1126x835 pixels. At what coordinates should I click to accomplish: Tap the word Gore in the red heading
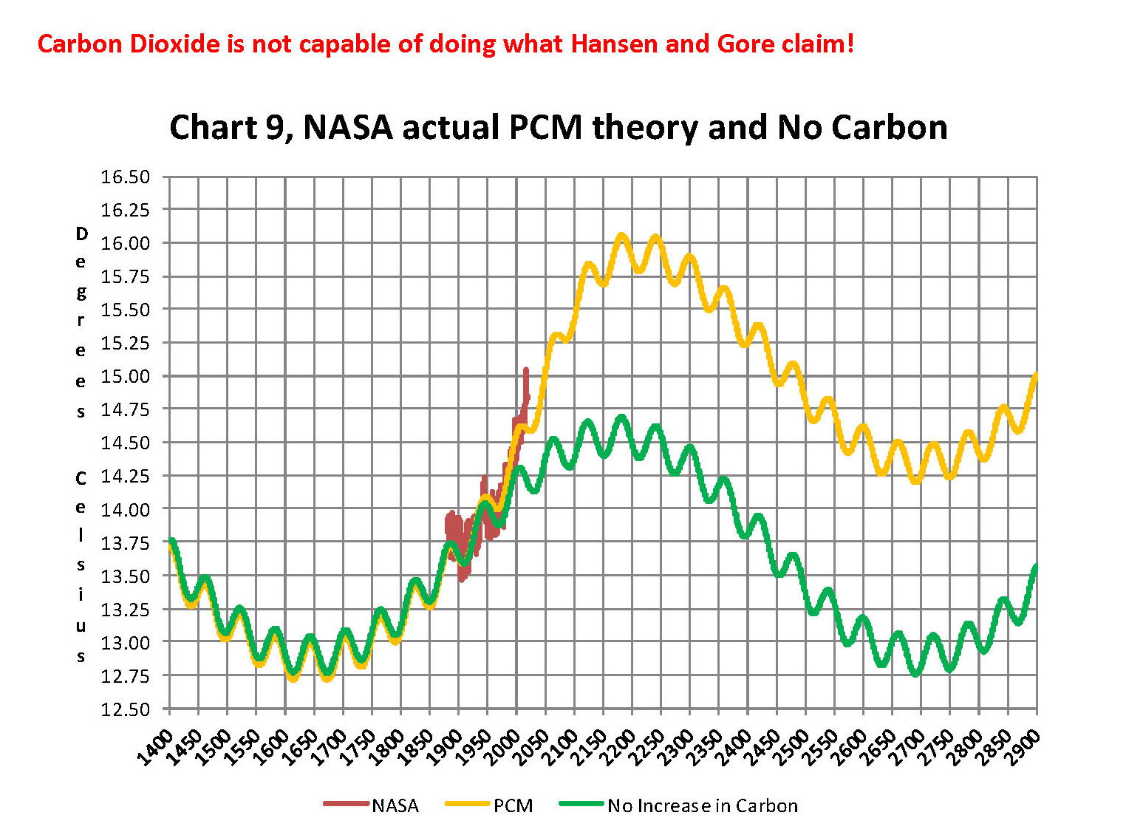[744, 44]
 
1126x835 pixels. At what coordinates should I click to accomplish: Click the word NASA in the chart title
[348, 127]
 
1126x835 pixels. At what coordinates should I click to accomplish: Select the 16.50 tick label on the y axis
[125, 177]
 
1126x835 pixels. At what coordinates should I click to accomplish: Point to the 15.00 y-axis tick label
[125, 376]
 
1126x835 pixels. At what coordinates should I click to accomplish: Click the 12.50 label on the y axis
[125, 709]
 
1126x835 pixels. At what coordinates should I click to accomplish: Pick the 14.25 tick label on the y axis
[125, 476]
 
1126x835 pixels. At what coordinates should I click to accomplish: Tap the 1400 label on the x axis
[157, 748]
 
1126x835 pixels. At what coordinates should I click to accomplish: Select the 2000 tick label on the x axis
[504, 748]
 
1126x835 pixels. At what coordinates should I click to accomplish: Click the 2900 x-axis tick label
[1024, 748]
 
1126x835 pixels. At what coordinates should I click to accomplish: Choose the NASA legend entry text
[395, 805]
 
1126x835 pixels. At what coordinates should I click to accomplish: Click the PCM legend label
[513, 805]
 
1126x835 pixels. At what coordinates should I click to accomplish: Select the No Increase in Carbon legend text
[702, 805]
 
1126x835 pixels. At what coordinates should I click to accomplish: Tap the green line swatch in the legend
[581, 804]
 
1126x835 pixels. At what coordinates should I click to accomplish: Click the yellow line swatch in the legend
[467, 804]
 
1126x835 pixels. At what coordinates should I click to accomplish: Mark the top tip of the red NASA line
[526, 369]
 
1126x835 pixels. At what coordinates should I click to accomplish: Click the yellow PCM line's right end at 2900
[1036, 375]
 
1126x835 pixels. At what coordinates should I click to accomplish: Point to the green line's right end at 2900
[1036, 567]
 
